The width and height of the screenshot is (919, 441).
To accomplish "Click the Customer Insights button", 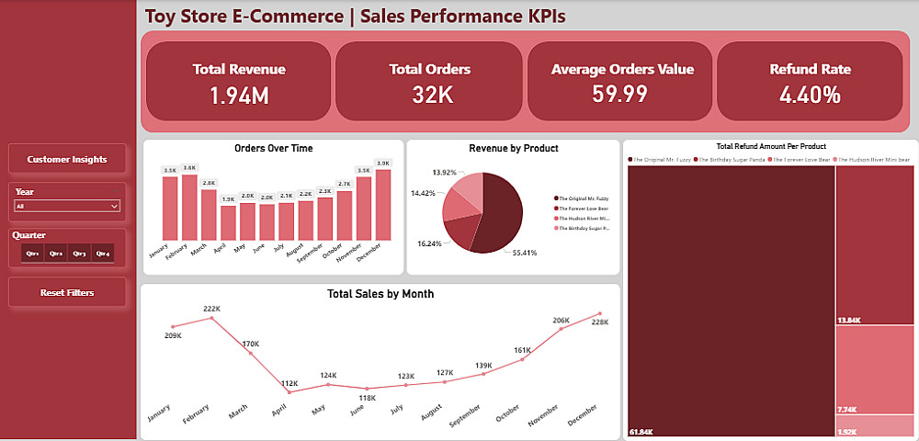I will click(x=67, y=159).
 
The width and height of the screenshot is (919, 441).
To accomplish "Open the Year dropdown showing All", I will click(x=67, y=207).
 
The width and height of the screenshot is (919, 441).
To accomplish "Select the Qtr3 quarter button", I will click(x=79, y=254).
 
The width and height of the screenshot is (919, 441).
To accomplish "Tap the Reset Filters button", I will click(x=67, y=293).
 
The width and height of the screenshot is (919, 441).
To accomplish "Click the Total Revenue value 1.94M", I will click(x=239, y=94).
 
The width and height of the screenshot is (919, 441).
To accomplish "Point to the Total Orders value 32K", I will click(x=429, y=94).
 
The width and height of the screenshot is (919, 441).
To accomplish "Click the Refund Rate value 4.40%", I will click(x=810, y=94).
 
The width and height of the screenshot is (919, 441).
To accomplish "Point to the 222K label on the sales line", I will click(x=211, y=309).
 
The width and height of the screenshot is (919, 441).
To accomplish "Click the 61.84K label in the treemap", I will click(x=641, y=431).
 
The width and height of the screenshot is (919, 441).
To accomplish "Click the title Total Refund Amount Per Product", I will click(x=771, y=146).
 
